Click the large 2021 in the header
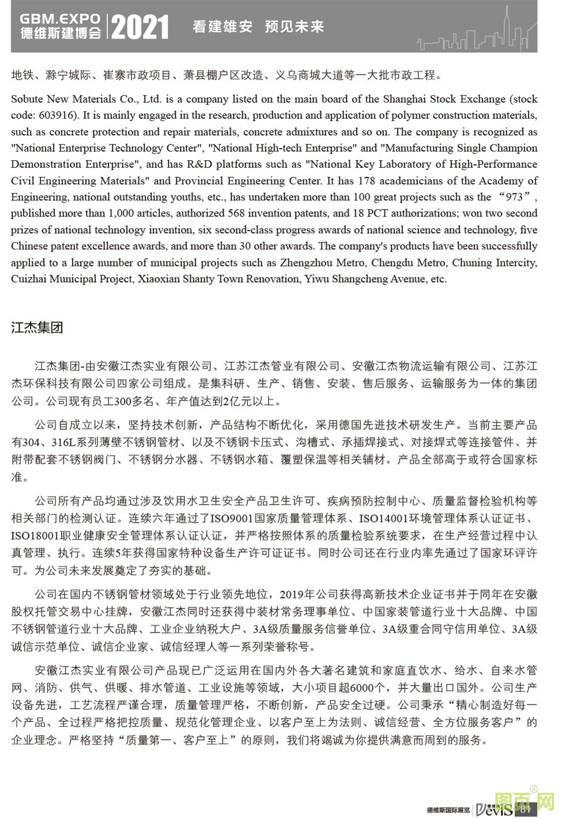140,27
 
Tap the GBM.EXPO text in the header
60,19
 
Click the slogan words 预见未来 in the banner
294,26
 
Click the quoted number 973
514,197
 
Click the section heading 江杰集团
37,328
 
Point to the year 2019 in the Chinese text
291,594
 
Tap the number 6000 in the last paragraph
362,687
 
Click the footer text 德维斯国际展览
449,810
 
